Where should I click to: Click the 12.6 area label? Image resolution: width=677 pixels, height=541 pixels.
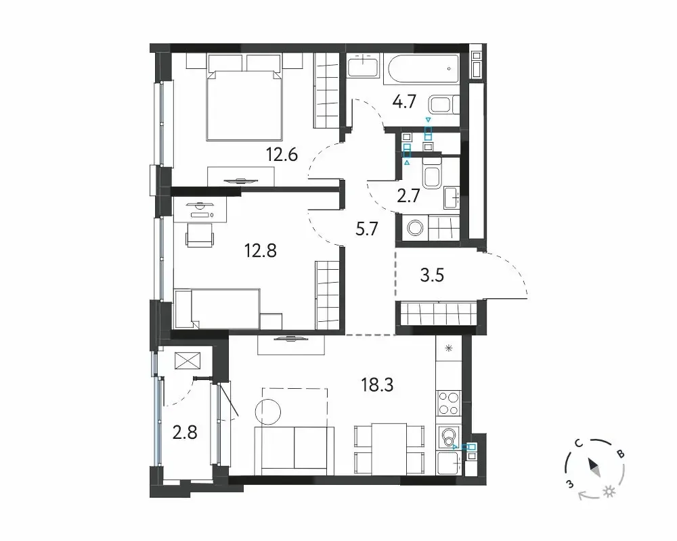(x=282, y=154)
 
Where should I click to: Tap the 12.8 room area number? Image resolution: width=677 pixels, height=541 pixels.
(x=261, y=250)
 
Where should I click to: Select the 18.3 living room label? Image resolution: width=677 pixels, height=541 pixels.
(x=377, y=385)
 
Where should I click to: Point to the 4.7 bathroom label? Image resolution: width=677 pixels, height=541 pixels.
(x=404, y=102)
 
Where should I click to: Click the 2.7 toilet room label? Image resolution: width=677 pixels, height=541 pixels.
(x=408, y=196)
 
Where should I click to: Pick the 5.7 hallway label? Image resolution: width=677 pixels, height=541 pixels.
(x=366, y=229)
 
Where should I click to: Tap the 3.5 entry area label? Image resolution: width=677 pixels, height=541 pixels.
(x=432, y=275)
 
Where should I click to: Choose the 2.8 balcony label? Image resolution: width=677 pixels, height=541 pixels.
(x=185, y=432)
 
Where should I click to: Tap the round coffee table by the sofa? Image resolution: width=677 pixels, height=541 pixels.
(x=268, y=410)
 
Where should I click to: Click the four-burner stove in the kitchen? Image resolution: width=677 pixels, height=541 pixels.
(x=449, y=403)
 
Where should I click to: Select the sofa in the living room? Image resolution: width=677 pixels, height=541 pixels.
(x=294, y=448)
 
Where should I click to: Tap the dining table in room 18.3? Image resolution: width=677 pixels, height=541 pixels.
(x=389, y=449)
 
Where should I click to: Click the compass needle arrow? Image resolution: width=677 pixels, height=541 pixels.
(x=594, y=467)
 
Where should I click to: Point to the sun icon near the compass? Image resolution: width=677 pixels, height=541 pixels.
(x=610, y=492)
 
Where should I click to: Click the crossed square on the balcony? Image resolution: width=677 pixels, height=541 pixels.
(x=188, y=361)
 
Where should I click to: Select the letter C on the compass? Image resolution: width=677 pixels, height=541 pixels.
(x=579, y=444)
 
